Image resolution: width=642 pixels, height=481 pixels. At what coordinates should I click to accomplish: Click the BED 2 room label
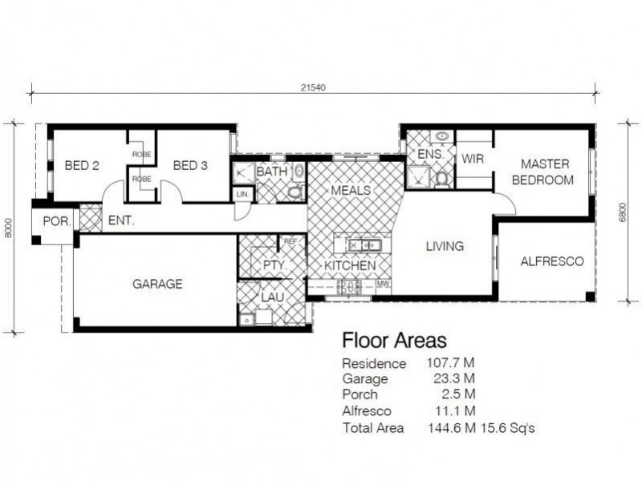coord(81,166)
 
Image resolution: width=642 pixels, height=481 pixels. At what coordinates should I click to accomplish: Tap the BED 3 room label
coord(190,166)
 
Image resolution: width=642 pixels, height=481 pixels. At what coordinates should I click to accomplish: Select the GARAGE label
coord(157,284)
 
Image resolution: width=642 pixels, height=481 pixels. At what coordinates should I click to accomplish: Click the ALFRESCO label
coord(551,261)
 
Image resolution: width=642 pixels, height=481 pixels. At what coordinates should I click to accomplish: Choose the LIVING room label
coord(444,246)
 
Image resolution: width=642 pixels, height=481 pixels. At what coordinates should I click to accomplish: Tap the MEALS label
coord(351,191)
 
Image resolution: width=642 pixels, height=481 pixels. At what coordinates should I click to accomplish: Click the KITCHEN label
coord(350,265)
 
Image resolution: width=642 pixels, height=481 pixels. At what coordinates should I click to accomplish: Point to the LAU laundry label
coord(272,297)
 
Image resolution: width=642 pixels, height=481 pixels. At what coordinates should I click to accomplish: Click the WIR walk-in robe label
coord(473,159)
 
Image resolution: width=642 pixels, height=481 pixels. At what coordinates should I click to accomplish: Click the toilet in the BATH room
coord(295,192)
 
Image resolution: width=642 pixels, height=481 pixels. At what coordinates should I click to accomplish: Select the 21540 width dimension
coord(312,87)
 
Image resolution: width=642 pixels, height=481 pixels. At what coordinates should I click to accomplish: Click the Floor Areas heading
coord(394,342)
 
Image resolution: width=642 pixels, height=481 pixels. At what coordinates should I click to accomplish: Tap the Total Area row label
coord(373,428)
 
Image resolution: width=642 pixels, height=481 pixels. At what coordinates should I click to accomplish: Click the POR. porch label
coord(56,220)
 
